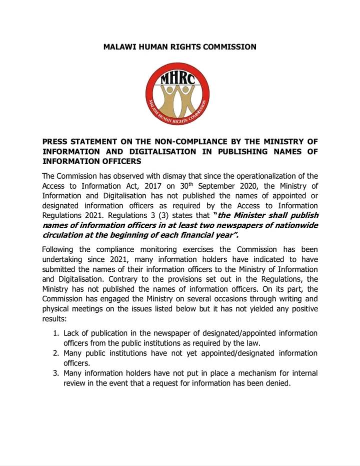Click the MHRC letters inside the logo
click(179, 80)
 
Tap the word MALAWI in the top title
click(119, 47)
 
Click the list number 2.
click(55, 353)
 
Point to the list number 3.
click(55, 373)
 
